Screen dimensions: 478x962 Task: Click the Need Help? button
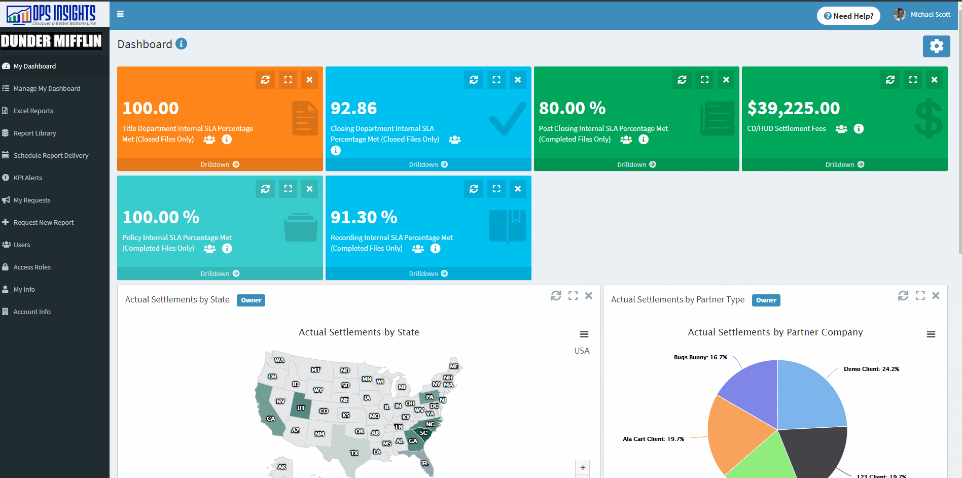pyautogui.click(x=848, y=16)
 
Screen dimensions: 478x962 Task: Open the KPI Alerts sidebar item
pyautogui.click(x=27, y=178)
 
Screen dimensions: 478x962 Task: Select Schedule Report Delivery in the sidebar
pyautogui.click(x=51, y=155)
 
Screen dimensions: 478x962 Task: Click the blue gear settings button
pyautogui.click(x=936, y=46)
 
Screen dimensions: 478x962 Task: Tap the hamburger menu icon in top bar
pyautogui.click(x=120, y=14)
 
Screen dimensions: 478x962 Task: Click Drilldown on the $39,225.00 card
pyautogui.click(x=844, y=164)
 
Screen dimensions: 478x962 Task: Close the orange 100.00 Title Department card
pyautogui.click(x=309, y=80)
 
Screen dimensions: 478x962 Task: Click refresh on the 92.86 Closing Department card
pyautogui.click(x=474, y=80)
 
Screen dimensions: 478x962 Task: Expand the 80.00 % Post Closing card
pyautogui.click(x=704, y=80)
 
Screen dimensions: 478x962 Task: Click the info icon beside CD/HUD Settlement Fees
pyautogui.click(x=859, y=129)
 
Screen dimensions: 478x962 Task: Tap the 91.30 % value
pyautogui.click(x=364, y=217)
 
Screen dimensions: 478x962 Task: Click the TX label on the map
pyautogui.click(x=354, y=453)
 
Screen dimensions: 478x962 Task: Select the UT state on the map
pyautogui.click(x=301, y=408)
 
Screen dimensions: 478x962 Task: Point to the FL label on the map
pyautogui.click(x=425, y=463)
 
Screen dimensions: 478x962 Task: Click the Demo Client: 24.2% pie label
pyautogui.click(x=871, y=369)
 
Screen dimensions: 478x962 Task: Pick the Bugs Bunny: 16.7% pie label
pyautogui.click(x=700, y=357)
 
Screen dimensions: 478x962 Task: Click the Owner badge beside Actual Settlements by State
pyautogui.click(x=251, y=300)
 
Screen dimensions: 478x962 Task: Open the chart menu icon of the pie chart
pyautogui.click(x=931, y=334)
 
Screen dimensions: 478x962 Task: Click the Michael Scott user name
pyautogui.click(x=930, y=14)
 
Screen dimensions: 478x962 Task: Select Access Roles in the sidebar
pyautogui.click(x=32, y=267)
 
